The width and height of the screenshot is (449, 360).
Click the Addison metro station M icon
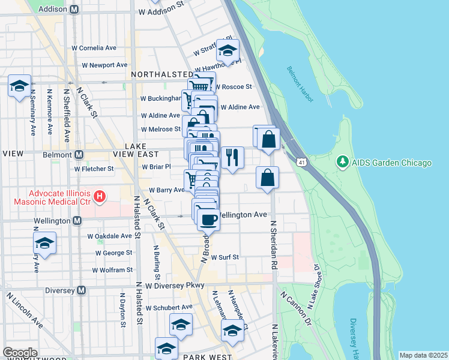[x=74, y=10]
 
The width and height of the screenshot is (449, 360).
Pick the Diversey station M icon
[x=82, y=290]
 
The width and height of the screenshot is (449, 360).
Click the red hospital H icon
[x=100, y=196]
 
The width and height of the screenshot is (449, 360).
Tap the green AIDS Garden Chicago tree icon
[x=343, y=163]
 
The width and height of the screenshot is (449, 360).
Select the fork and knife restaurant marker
[x=232, y=157]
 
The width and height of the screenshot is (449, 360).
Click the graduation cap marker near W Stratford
[x=228, y=50]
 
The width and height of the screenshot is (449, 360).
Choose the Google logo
[x=20, y=353]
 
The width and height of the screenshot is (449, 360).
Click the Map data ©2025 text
[x=423, y=355]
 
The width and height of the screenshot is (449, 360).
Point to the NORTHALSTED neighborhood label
[x=158, y=74]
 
